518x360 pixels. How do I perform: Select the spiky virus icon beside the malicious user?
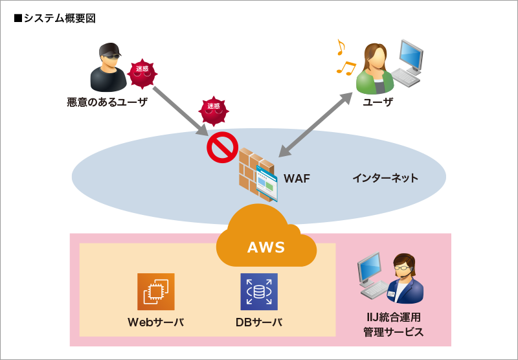click(x=142, y=73)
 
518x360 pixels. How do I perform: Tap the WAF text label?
click(x=297, y=178)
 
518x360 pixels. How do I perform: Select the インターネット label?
click(x=385, y=178)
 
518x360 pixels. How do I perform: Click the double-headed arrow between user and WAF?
click(x=315, y=125)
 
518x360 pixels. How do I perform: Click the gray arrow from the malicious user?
click(x=176, y=107)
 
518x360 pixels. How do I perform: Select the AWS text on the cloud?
click(x=266, y=247)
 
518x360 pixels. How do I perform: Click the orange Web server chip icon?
click(x=156, y=291)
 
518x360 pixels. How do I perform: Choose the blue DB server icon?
click(x=259, y=291)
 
